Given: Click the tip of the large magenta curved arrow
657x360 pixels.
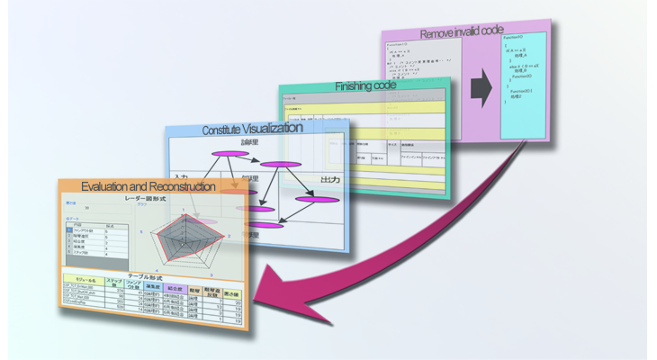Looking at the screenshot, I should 260,298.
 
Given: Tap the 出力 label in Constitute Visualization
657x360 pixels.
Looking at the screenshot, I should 330,181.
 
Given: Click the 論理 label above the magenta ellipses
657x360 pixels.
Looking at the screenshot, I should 249,142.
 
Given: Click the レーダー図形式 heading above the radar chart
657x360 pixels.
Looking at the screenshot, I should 160,196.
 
